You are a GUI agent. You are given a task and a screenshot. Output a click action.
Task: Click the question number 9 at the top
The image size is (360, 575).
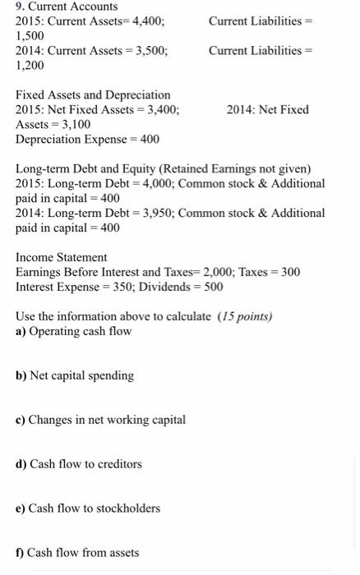click(x=20, y=7)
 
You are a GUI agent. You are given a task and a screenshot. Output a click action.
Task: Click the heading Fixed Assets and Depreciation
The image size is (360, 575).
click(x=93, y=95)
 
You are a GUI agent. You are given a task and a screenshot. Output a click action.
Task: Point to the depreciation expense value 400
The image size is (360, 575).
click(x=149, y=140)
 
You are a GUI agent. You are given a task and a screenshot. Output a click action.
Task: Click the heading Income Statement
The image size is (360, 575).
click(x=61, y=258)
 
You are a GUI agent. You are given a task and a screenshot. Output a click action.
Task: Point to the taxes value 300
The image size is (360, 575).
click(x=290, y=273)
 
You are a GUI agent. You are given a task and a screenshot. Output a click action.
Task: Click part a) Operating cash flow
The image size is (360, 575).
click(x=73, y=332)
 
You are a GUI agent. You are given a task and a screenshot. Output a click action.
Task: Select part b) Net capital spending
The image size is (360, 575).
click(x=74, y=376)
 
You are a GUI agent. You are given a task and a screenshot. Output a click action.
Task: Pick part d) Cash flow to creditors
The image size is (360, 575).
click(x=78, y=465)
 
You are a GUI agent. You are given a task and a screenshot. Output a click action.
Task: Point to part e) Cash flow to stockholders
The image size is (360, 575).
click(x=87, y=509)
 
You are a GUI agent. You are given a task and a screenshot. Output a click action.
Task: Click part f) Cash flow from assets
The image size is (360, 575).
click(x=77, y=554)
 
